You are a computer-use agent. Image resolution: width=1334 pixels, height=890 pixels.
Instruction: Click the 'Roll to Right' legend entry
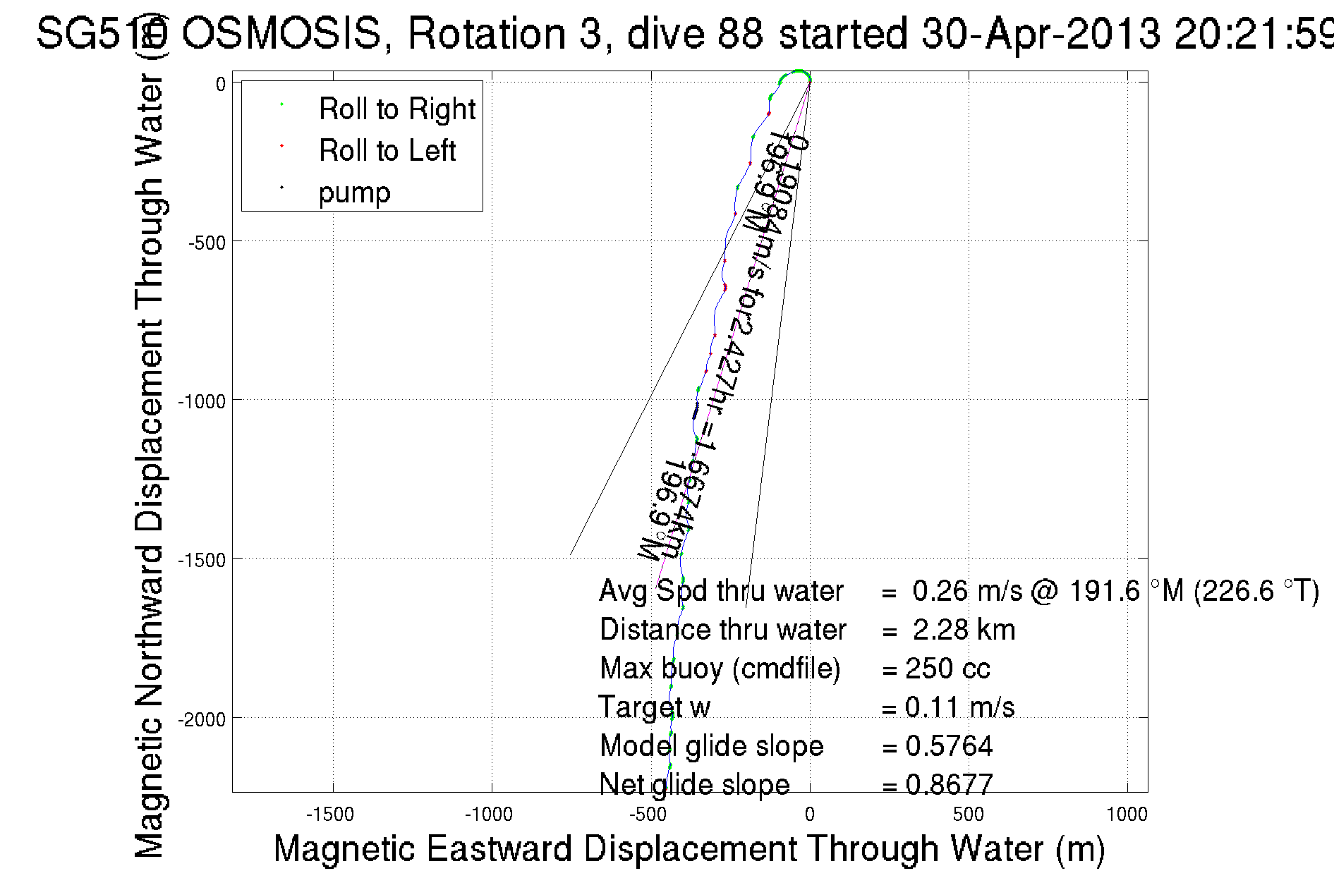coord(396,109)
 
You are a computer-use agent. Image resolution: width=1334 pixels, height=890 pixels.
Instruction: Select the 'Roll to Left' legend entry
coord(387,151)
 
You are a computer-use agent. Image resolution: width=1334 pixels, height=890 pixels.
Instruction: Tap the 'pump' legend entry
coord(354,193)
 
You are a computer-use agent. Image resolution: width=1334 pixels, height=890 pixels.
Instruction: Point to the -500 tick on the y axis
coord(205,243)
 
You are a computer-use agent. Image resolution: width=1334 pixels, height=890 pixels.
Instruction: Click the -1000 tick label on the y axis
coord(201,401)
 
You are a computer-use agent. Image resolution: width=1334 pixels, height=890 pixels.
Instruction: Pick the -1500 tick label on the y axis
coord(201,560)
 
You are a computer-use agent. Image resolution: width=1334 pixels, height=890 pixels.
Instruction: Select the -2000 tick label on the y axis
coord(201,719)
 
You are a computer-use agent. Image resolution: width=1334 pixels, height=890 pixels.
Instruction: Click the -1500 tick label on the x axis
coord(330,815)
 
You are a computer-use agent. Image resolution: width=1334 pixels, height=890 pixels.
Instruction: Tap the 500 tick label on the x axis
coord(968,815)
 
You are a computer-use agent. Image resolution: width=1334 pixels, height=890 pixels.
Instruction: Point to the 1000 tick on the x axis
coord(1127,815)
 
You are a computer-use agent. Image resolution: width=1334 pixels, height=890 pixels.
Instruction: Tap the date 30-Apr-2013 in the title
coord(1041,33)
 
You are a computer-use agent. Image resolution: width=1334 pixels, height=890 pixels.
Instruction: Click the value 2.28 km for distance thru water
coord(964,630)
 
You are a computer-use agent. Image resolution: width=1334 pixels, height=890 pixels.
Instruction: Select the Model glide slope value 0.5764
coord(949,746)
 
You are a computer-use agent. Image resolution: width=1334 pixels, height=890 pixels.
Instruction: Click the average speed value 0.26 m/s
coord(966,591)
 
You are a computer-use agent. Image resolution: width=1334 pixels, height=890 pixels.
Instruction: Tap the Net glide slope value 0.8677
coord(949,784)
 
